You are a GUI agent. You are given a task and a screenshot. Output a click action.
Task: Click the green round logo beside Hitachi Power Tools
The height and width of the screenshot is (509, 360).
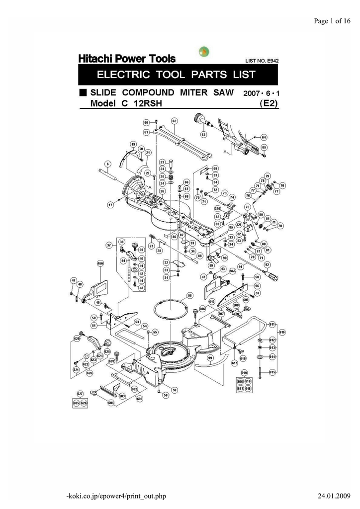coord(204,52)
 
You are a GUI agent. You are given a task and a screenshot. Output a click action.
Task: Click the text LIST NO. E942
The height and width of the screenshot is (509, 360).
coord(262,61)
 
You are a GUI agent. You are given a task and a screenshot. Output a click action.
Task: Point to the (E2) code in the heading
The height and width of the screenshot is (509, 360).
coord(269,103)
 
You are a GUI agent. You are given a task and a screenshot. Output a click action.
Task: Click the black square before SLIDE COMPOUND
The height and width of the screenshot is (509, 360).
coord(83,93)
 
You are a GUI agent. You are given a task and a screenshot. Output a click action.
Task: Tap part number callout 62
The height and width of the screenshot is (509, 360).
coord(175,121)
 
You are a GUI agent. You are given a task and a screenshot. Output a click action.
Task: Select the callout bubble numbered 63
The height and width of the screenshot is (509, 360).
coord(203,135)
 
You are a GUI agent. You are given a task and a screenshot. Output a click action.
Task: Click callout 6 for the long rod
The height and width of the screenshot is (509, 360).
coord(107,164)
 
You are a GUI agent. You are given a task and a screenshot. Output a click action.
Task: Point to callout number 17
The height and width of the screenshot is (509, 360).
coord(111,204)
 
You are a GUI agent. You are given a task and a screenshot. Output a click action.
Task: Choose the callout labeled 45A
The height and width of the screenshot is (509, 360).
coord(100,263)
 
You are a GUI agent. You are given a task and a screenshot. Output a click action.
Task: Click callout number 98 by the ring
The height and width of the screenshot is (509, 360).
coord(189,295)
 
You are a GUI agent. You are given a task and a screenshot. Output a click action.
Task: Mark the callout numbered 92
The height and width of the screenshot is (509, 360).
coord(267,264)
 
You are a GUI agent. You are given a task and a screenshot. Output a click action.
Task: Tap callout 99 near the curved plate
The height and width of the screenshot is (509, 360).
coord(210,357)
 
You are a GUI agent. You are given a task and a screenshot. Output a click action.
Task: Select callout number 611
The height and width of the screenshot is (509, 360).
coord(272,324)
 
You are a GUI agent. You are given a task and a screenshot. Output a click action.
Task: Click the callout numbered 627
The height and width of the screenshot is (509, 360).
coord(80,393)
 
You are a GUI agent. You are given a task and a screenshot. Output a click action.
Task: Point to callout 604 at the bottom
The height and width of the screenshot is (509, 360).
coord(111,403)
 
